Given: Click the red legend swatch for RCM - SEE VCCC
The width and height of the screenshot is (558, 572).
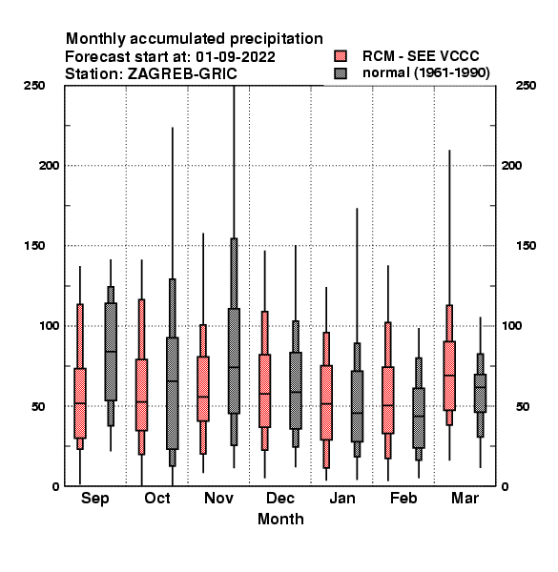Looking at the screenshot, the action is coord(341,56).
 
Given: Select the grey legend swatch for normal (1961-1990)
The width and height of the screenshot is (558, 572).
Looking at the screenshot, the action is coord(341,73).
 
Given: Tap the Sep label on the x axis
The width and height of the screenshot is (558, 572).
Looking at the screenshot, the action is coord(94,499).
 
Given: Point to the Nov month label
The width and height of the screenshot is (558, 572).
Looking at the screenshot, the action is coord(218,498).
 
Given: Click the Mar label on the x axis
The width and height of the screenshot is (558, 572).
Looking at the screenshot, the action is coord(465,498).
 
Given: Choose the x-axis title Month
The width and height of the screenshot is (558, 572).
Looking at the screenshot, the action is coord(280,519).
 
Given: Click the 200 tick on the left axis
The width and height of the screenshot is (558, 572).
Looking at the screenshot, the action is coord(49,165).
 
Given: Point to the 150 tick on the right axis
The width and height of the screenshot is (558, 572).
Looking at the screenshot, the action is coord(526,246).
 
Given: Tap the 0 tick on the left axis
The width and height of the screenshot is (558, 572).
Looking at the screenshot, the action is coord(55,486).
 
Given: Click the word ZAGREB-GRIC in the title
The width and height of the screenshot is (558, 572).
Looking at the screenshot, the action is coord(182,74).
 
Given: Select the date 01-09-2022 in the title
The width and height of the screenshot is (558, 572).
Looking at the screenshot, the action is coord(236,57).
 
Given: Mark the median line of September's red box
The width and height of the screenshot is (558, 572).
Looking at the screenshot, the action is coord(80,403).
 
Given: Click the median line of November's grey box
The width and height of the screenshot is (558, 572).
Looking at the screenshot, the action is coord(234,367).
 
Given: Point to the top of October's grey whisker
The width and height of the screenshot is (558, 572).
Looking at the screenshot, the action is coord(173,128).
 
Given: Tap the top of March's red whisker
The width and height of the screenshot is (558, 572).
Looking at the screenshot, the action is coord(449,150).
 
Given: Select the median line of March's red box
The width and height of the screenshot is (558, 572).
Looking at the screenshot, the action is coord(449,375).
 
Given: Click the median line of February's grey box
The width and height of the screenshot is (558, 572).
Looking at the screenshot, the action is coord(419,416).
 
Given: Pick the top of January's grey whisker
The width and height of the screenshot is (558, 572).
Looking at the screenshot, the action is coord(358,208).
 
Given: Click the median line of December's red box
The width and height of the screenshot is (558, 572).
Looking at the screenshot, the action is coord(265,394).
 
